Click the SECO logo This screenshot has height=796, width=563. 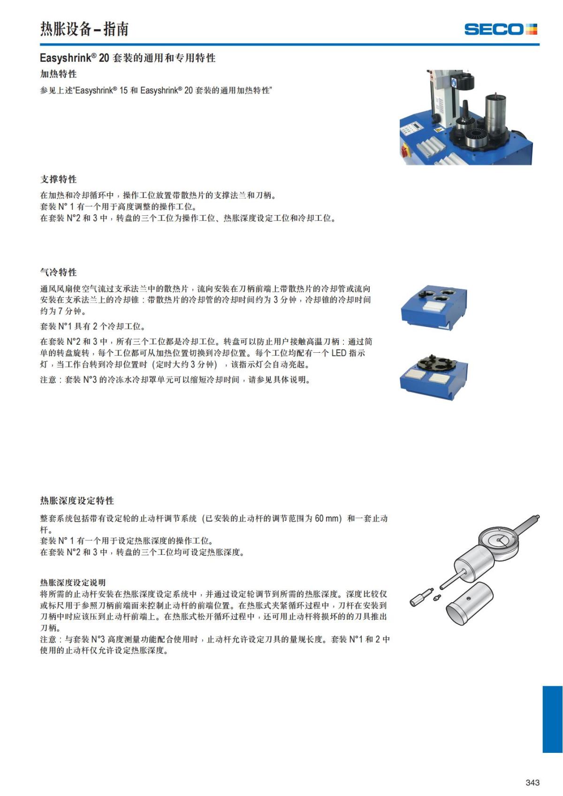pos(500,30)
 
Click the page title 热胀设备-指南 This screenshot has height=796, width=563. pos(84,29)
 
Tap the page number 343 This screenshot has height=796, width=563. pos(533,782)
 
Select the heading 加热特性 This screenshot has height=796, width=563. pos(58,74)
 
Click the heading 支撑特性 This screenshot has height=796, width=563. pos(58,179)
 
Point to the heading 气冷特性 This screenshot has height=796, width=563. pos(58,272)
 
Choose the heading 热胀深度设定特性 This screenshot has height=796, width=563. pos(77,500)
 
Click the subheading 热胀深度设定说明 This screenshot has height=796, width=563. pos(73,583)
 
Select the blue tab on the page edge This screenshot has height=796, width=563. pos(552,719)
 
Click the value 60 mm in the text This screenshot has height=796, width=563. pos(327,518)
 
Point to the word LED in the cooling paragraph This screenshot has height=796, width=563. pos(339,353)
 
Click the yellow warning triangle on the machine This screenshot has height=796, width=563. pos(438,129)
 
